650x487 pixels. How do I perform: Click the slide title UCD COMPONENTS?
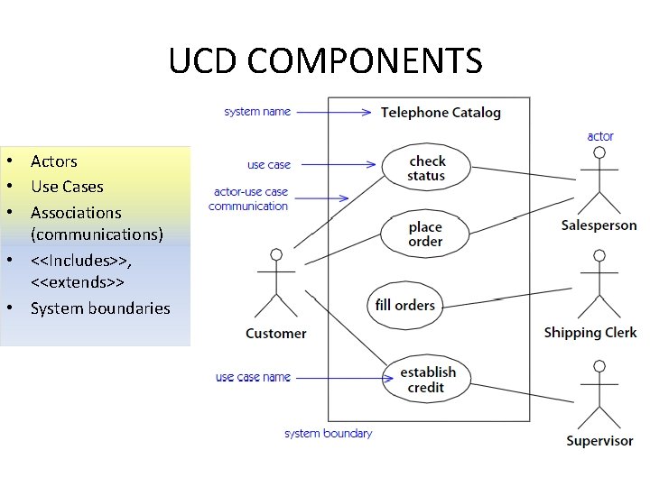coord(325,61)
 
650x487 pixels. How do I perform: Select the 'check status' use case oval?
coord(426,167)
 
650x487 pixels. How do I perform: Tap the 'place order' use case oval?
coord(425,234)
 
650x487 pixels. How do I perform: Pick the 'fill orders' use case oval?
coord(404,305)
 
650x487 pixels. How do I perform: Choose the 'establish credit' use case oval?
coord(427,379)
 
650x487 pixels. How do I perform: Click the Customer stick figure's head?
coord(276,255)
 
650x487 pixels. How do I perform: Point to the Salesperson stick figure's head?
coord(598,153)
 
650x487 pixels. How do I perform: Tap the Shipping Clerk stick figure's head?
coord(598,256)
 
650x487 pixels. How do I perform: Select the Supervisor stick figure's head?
coord(599,366)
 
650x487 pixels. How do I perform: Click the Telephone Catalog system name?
coord(441,113)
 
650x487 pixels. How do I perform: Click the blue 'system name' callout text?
coord(257,112)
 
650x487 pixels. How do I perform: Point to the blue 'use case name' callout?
coord(253,377)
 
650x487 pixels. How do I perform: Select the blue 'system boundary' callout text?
coord(328,434)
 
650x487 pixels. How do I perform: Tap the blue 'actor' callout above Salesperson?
coord(600,136)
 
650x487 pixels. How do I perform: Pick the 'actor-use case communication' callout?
coord(249,198)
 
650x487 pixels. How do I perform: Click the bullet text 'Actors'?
coord(53,161)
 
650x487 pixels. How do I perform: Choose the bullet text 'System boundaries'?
coord(100,308)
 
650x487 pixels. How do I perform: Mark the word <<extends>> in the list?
coord(77,282)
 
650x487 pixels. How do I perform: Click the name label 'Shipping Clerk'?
coord(590,333)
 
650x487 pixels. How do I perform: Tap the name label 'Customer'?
coord(275,334)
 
